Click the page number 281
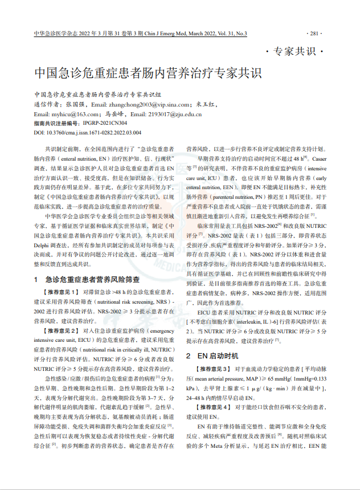coord(317,34)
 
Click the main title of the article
coord(147,74)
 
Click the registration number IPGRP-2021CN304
coord(105,122)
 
